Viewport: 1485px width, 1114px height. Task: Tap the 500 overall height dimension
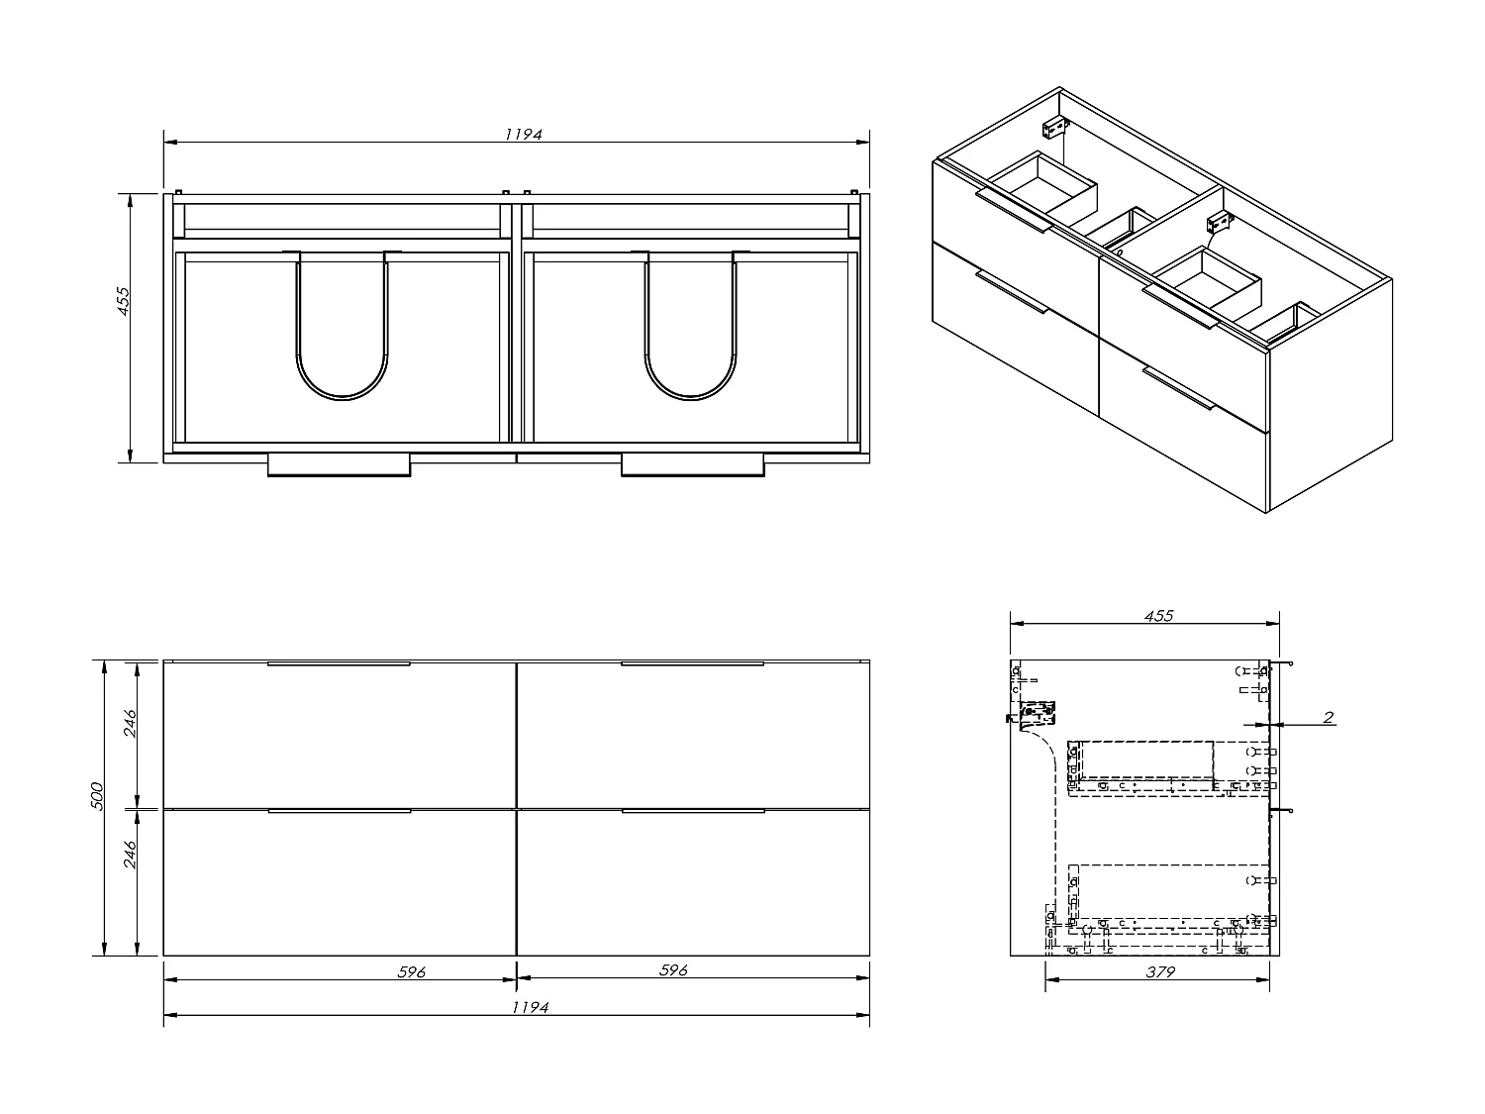pyautogui.click(x=96, y=798)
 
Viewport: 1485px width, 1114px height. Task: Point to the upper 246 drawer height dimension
pyautogui.click(x=130, y=729)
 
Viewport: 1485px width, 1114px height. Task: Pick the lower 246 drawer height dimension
pyautogui.click(x=130, y=875)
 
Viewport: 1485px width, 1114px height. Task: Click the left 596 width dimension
pyautogui.click(x=410, y=972)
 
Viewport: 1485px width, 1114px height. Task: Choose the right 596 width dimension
pyautogui.click(x=673, y=971)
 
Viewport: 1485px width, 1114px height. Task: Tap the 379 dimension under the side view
pyautogui.click(x=1159, y=972)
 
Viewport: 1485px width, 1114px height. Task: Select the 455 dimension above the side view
pyautogui.click(x=1158, y=616)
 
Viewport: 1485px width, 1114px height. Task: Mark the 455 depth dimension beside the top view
pyautogui.click(x=124, y=301)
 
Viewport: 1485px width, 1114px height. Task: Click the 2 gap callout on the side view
pyautogui.click(x=1329, y=718)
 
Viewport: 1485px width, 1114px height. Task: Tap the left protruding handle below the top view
pyautogui.click(x=339, y=466)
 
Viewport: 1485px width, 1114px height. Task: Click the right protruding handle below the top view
pyautogui.click(x=692, y=466)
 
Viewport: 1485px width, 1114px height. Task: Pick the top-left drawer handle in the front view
pyautogui.click(x=339, y=663)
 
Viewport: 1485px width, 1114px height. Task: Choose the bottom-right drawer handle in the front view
pyautogui.click(x=692, y=811)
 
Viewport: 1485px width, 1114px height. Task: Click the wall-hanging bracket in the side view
pyautogui.click(x=1035, y=713)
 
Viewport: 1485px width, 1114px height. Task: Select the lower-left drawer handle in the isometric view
pyautogui.click(x=1011, y=291)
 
